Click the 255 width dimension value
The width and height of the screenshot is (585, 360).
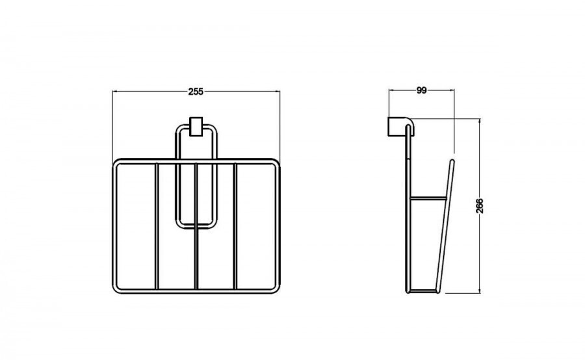[196, 92]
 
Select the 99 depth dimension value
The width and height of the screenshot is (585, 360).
[421, 90]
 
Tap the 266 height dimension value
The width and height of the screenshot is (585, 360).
[480, 205]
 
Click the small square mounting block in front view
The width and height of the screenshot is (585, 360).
[196, 127]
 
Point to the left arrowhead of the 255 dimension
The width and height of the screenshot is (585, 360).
[115, 92]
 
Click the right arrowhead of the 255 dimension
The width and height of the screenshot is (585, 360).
[277, 92]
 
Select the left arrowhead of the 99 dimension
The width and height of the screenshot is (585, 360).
[391, 90]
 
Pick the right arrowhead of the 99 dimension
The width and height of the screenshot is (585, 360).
[452, 90]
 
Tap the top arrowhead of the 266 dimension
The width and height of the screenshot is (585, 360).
[480, 122]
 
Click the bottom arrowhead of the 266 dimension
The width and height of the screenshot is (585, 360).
[480, 290]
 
